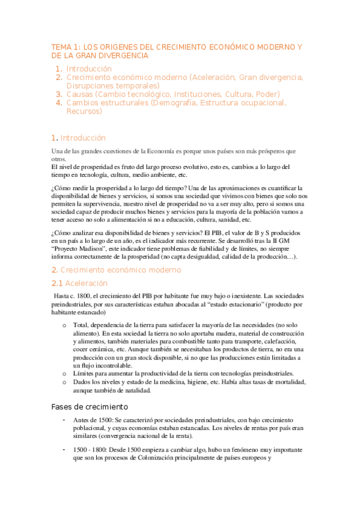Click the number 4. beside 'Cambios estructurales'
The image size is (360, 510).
pos(59,103)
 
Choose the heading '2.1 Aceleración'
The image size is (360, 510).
pos(79,283)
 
